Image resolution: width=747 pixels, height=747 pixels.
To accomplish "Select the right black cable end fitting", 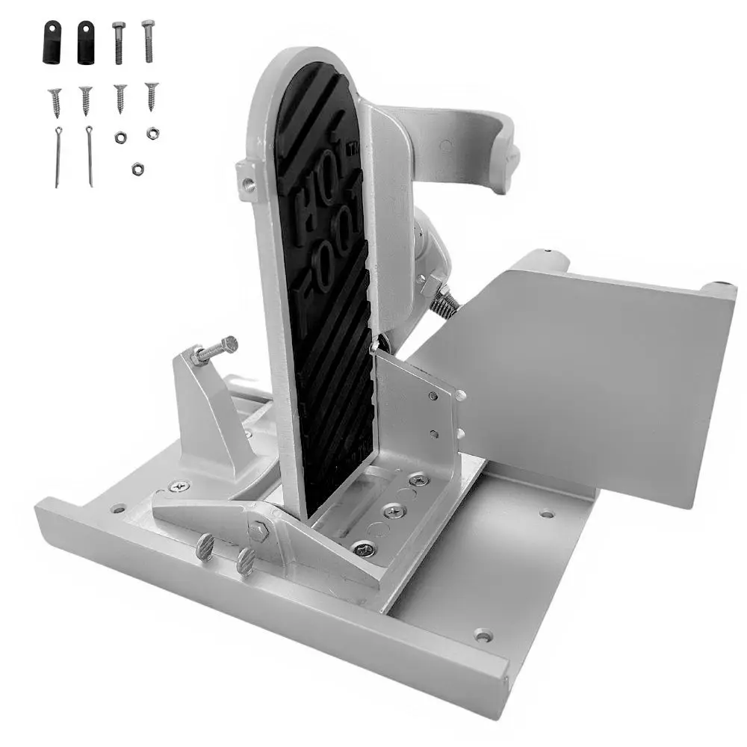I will [x=85, y=43].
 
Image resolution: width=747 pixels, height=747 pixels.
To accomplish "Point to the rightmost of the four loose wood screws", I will [x=152, y=96].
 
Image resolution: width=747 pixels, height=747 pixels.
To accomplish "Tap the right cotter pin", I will [x=90, y=155].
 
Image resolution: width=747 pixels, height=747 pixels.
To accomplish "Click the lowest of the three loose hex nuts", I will [x=137, y=170].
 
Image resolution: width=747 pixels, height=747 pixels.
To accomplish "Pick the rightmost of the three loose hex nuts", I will [x=152, y=133].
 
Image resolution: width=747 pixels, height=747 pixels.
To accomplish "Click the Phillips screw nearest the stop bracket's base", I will [x=179, y=486].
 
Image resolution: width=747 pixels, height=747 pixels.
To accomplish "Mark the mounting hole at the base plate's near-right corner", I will [x=483, y=636].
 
